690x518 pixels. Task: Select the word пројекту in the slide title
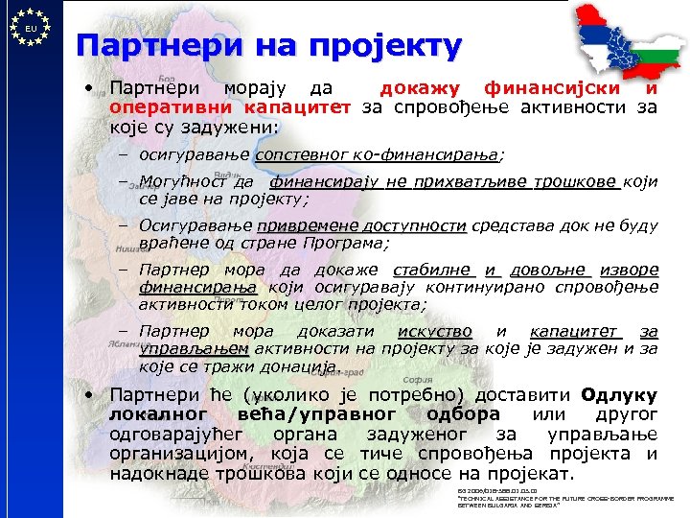[x=382, y=45]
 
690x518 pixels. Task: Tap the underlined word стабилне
[x=435, y=271]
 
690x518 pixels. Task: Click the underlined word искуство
[x=434, y=331]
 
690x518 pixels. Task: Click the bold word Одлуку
[x=619, y=394]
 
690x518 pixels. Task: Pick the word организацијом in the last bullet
[x=181, y=454]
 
